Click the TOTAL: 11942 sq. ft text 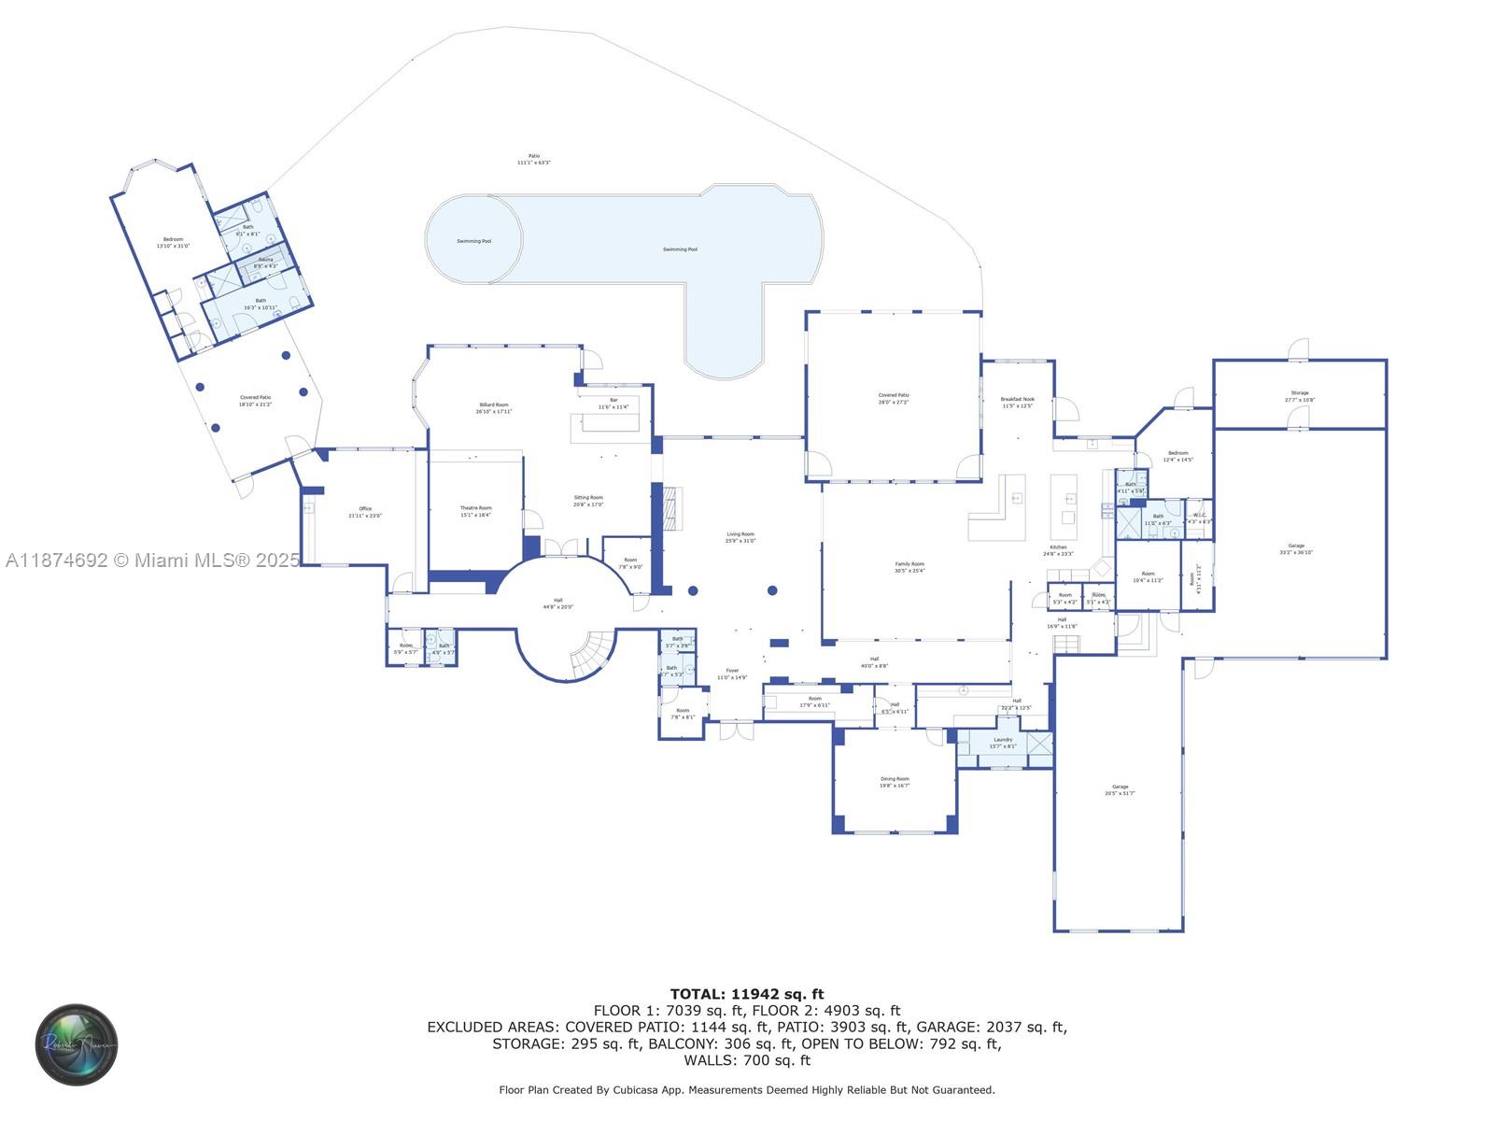[x=747, y=994]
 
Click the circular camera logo [x=77, y=1044]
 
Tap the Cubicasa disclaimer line [x=747, y=1089]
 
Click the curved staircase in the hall [x=594, y=654]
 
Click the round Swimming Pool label [x=473, y=241]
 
